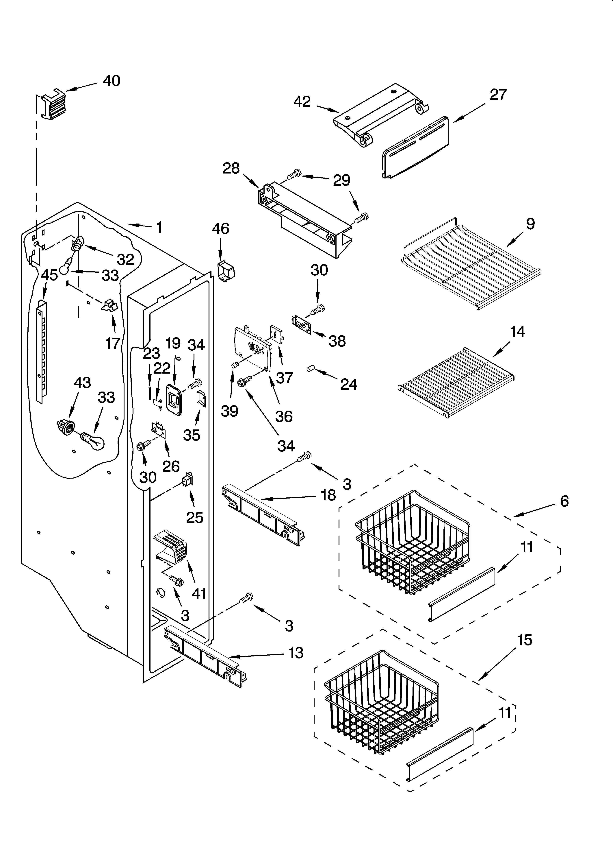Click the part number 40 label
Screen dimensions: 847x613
click(111, 81)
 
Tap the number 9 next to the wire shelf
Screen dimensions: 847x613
click(530, 224)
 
